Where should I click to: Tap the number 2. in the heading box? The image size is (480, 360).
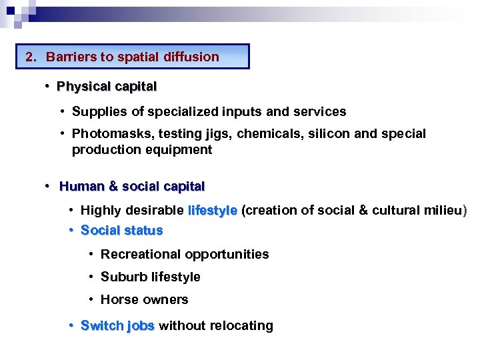pos(31,57)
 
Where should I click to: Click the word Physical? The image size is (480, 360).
pos(82,86)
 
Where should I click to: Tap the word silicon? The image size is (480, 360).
pos(329,133)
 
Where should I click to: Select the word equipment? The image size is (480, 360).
pos(180,149)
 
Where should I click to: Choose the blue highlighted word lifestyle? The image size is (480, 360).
pos(213,211)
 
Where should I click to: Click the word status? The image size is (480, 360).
pos(141,231)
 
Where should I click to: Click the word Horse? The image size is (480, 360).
pos(117,299)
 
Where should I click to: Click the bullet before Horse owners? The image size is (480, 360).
pos(92,299)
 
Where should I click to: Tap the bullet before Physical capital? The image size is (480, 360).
pos(48,86)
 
